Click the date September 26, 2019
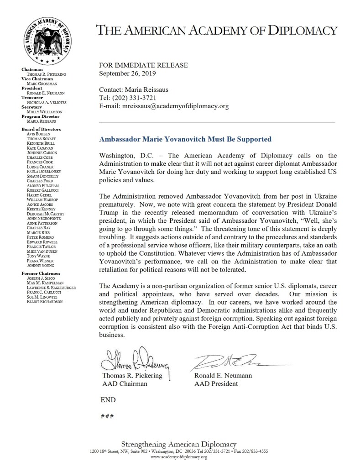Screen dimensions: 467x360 pyautogui.click(x=128, y=73)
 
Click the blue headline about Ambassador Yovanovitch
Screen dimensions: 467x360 pyautogui.click(x=185, y=139)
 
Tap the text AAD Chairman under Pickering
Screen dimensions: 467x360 pyautogui.click(x=125, y=384)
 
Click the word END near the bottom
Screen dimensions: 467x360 pyautogui.click(x=108, y=400)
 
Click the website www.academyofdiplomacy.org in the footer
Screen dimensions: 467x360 pyautogui.click(x=178, y=457)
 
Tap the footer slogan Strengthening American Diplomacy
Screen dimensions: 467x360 pyautogui.click(x=178, y=444)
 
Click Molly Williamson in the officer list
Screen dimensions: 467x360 pyautogui.click(x=45, y=111)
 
